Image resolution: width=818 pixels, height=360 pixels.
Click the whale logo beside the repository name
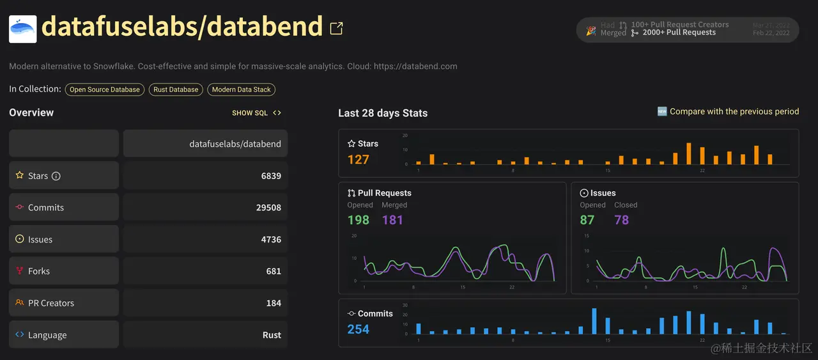click(x=23, y=29)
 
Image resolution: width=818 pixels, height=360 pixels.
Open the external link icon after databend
click(x=336, y=28)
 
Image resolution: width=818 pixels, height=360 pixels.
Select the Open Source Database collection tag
click(x=105, y=90)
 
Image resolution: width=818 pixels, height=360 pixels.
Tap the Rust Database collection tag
click(x=176, y=90)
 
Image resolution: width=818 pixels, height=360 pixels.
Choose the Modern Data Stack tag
click(x=242, y=90)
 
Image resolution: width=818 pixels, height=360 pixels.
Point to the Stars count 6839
click(x=271, y=176)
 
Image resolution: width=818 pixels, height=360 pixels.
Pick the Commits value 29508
click(x=268, y=208)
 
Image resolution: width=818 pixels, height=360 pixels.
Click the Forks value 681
click(x=274, y=271)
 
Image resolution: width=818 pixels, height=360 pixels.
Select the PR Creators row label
click(x=51, y=303)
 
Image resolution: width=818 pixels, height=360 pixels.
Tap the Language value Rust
click(x=272, y=335)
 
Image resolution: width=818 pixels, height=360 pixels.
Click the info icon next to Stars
click(x=56, y=176)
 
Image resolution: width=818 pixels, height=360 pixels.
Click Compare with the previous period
click(x=734, y=112)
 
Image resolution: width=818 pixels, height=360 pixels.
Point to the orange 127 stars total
click(x=359, y=159)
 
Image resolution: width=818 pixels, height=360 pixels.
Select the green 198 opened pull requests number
click(x=359, y=220)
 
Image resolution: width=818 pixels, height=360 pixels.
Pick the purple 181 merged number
click(x=392, y=220)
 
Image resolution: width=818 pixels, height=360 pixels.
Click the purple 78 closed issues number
click(x=622, y=220)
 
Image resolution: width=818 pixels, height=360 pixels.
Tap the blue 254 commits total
click(x=359, y=329)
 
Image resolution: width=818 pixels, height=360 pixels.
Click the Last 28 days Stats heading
click(x=383, y=113)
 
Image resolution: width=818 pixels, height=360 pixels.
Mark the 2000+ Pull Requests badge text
click(x=679, y=33)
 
